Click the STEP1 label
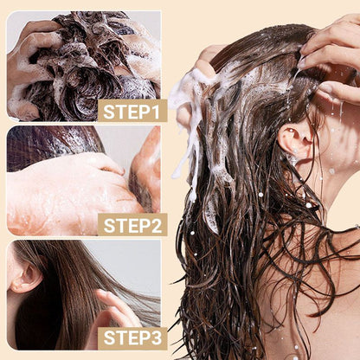132,111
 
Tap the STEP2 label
132,225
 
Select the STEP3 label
132,338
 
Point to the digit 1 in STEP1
157,111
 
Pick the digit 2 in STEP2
157,225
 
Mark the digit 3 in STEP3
157,338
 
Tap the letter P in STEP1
145,111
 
